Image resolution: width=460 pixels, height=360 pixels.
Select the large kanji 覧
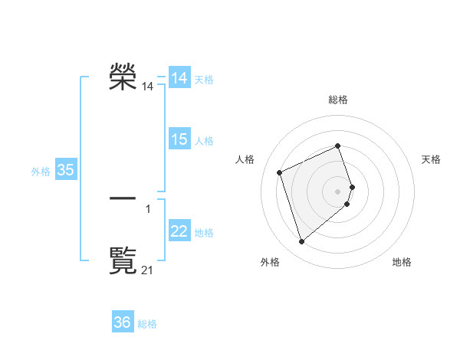[x=123, y=260]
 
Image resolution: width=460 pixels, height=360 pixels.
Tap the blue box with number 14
[x=179, y=78]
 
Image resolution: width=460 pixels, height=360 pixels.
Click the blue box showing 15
[x=179, y=139]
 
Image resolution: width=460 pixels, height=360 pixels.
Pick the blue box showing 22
[x=179, y=231]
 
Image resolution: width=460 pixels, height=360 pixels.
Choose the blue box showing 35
[x=66, y=170]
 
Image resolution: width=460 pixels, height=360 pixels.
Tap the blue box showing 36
[x=123, y=322]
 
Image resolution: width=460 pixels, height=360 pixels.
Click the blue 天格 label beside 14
[x=204, y=80]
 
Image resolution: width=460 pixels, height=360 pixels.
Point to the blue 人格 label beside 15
[x=204, y=141]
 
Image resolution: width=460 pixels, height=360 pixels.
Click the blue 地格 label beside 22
[x=204, y=233]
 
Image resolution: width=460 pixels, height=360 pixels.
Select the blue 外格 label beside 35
[x=41, y=172]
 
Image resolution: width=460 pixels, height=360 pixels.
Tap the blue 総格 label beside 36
[x=147, y=324]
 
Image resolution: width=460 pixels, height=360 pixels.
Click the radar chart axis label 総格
[x=338, y=100]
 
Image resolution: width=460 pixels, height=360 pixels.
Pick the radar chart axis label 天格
[x=432, y=159]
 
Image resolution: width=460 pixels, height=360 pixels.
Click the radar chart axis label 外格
[x=270, y=262]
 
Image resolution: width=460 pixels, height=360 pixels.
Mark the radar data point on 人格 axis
[x=280, y=172]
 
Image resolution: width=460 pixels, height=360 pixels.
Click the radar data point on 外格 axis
[x=302, y=242]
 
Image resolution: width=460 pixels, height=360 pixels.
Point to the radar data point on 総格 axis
[x=338, y=146]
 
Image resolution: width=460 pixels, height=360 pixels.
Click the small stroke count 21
[x=148, y=270]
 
